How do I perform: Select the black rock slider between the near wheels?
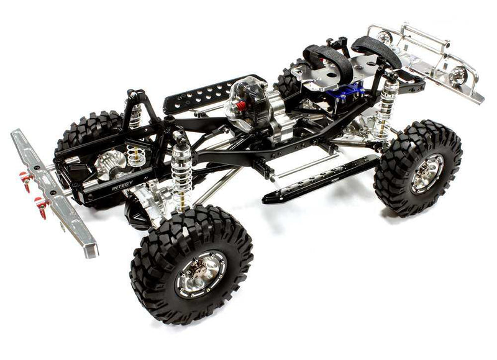320,179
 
